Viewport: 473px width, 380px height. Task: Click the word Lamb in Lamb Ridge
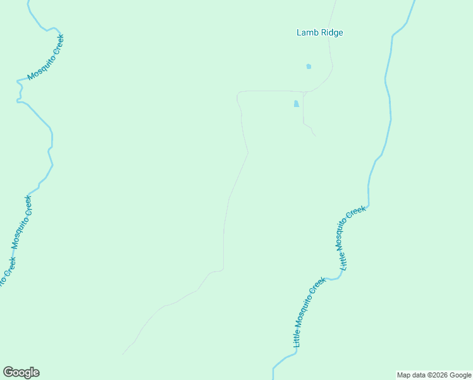click(307, 32)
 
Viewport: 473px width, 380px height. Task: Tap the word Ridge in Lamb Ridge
click(331, 32)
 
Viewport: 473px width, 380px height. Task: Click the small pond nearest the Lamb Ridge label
click(309, 66)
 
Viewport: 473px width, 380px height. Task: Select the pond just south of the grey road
click(296, 104)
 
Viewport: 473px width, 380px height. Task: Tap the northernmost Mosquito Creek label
click(46, 58)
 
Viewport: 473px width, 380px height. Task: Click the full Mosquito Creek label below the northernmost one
click(21, 222)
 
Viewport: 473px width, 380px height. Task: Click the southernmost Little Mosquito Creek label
click(309, 312)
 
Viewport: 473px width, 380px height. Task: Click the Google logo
click(21, 372)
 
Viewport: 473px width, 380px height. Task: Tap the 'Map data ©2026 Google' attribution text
click(434, 375)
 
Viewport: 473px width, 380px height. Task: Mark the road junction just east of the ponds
click(304, 92)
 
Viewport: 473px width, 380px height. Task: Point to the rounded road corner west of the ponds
click(238, 94)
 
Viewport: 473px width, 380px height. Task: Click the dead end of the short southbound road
click(316, 136)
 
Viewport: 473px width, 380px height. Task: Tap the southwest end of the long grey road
click(123, 353)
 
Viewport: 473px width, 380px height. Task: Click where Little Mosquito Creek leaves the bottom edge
click(273, 378)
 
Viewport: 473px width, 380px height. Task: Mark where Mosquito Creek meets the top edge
click(28, 1)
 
